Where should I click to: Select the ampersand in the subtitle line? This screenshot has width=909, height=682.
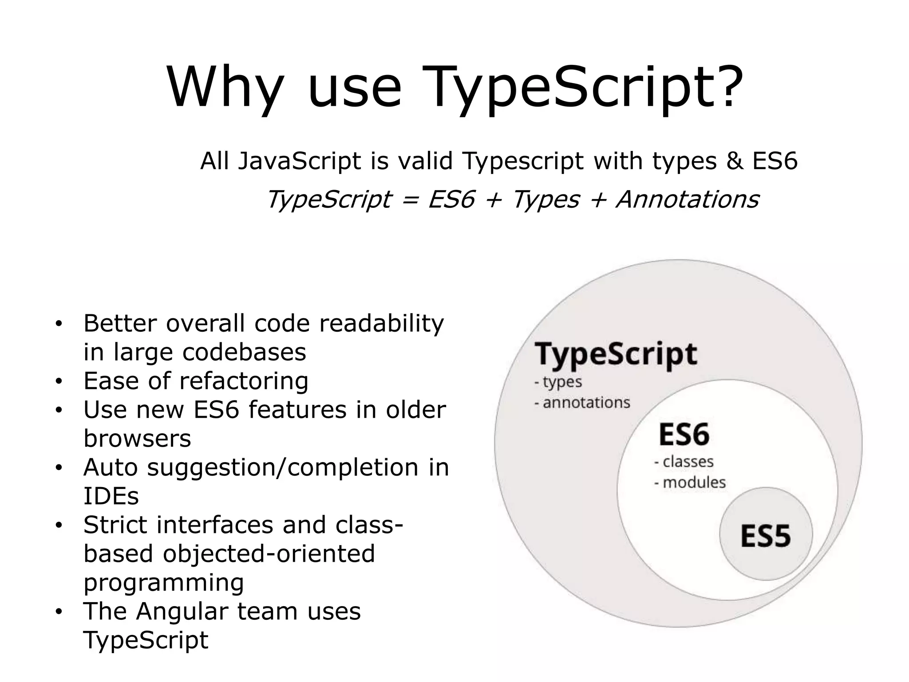[735, 161]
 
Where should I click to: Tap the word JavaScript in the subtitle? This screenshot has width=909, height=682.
[300, 162]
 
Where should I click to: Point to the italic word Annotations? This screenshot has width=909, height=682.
[688, 199]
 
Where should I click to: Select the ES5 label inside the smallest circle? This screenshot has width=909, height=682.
[766, 536]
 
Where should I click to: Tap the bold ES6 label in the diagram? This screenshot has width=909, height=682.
[684, 434]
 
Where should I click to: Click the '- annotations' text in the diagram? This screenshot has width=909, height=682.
[582, 403]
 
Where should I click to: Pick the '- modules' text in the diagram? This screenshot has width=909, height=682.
[690, 482]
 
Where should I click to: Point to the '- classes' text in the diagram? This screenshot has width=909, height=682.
[684, 462]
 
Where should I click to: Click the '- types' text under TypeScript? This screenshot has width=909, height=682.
[558, 382]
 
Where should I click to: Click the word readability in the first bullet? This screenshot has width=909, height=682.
[381, 324]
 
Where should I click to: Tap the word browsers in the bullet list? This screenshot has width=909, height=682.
[137, 439]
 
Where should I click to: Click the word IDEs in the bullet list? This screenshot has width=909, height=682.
[111, 496]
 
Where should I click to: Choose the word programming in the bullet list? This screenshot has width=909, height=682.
[164, 583]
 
